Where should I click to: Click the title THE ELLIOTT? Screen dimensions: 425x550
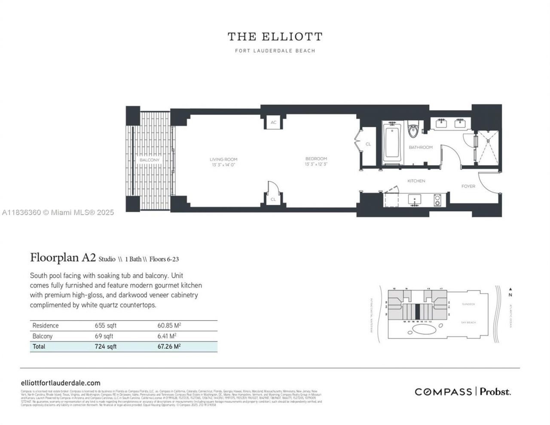tap(275, 37)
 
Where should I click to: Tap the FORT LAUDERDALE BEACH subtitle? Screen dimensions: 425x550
tap(275, 51)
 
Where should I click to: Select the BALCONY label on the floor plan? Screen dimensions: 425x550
tap(149, 160)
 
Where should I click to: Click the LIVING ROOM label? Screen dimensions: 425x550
tap(223, 159)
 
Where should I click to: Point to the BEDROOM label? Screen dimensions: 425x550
tap(316, 159)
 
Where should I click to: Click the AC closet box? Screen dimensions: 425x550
tap(273, 122)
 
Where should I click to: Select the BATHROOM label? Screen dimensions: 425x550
tap(420, 147)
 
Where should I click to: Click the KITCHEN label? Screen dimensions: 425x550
tap(416, 181)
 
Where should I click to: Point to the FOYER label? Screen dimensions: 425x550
tap(468, 186)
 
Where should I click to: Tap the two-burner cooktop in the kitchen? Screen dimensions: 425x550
tap(437, 200)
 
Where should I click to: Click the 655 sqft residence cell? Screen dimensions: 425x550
tap(105, 326)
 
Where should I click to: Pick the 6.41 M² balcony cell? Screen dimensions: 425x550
tap(167, 336)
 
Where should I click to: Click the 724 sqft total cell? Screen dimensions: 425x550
tap(105, 346)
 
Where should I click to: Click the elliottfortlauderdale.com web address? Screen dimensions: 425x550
tap(61, 383)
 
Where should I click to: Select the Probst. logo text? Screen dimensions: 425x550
tap(495, 391)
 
